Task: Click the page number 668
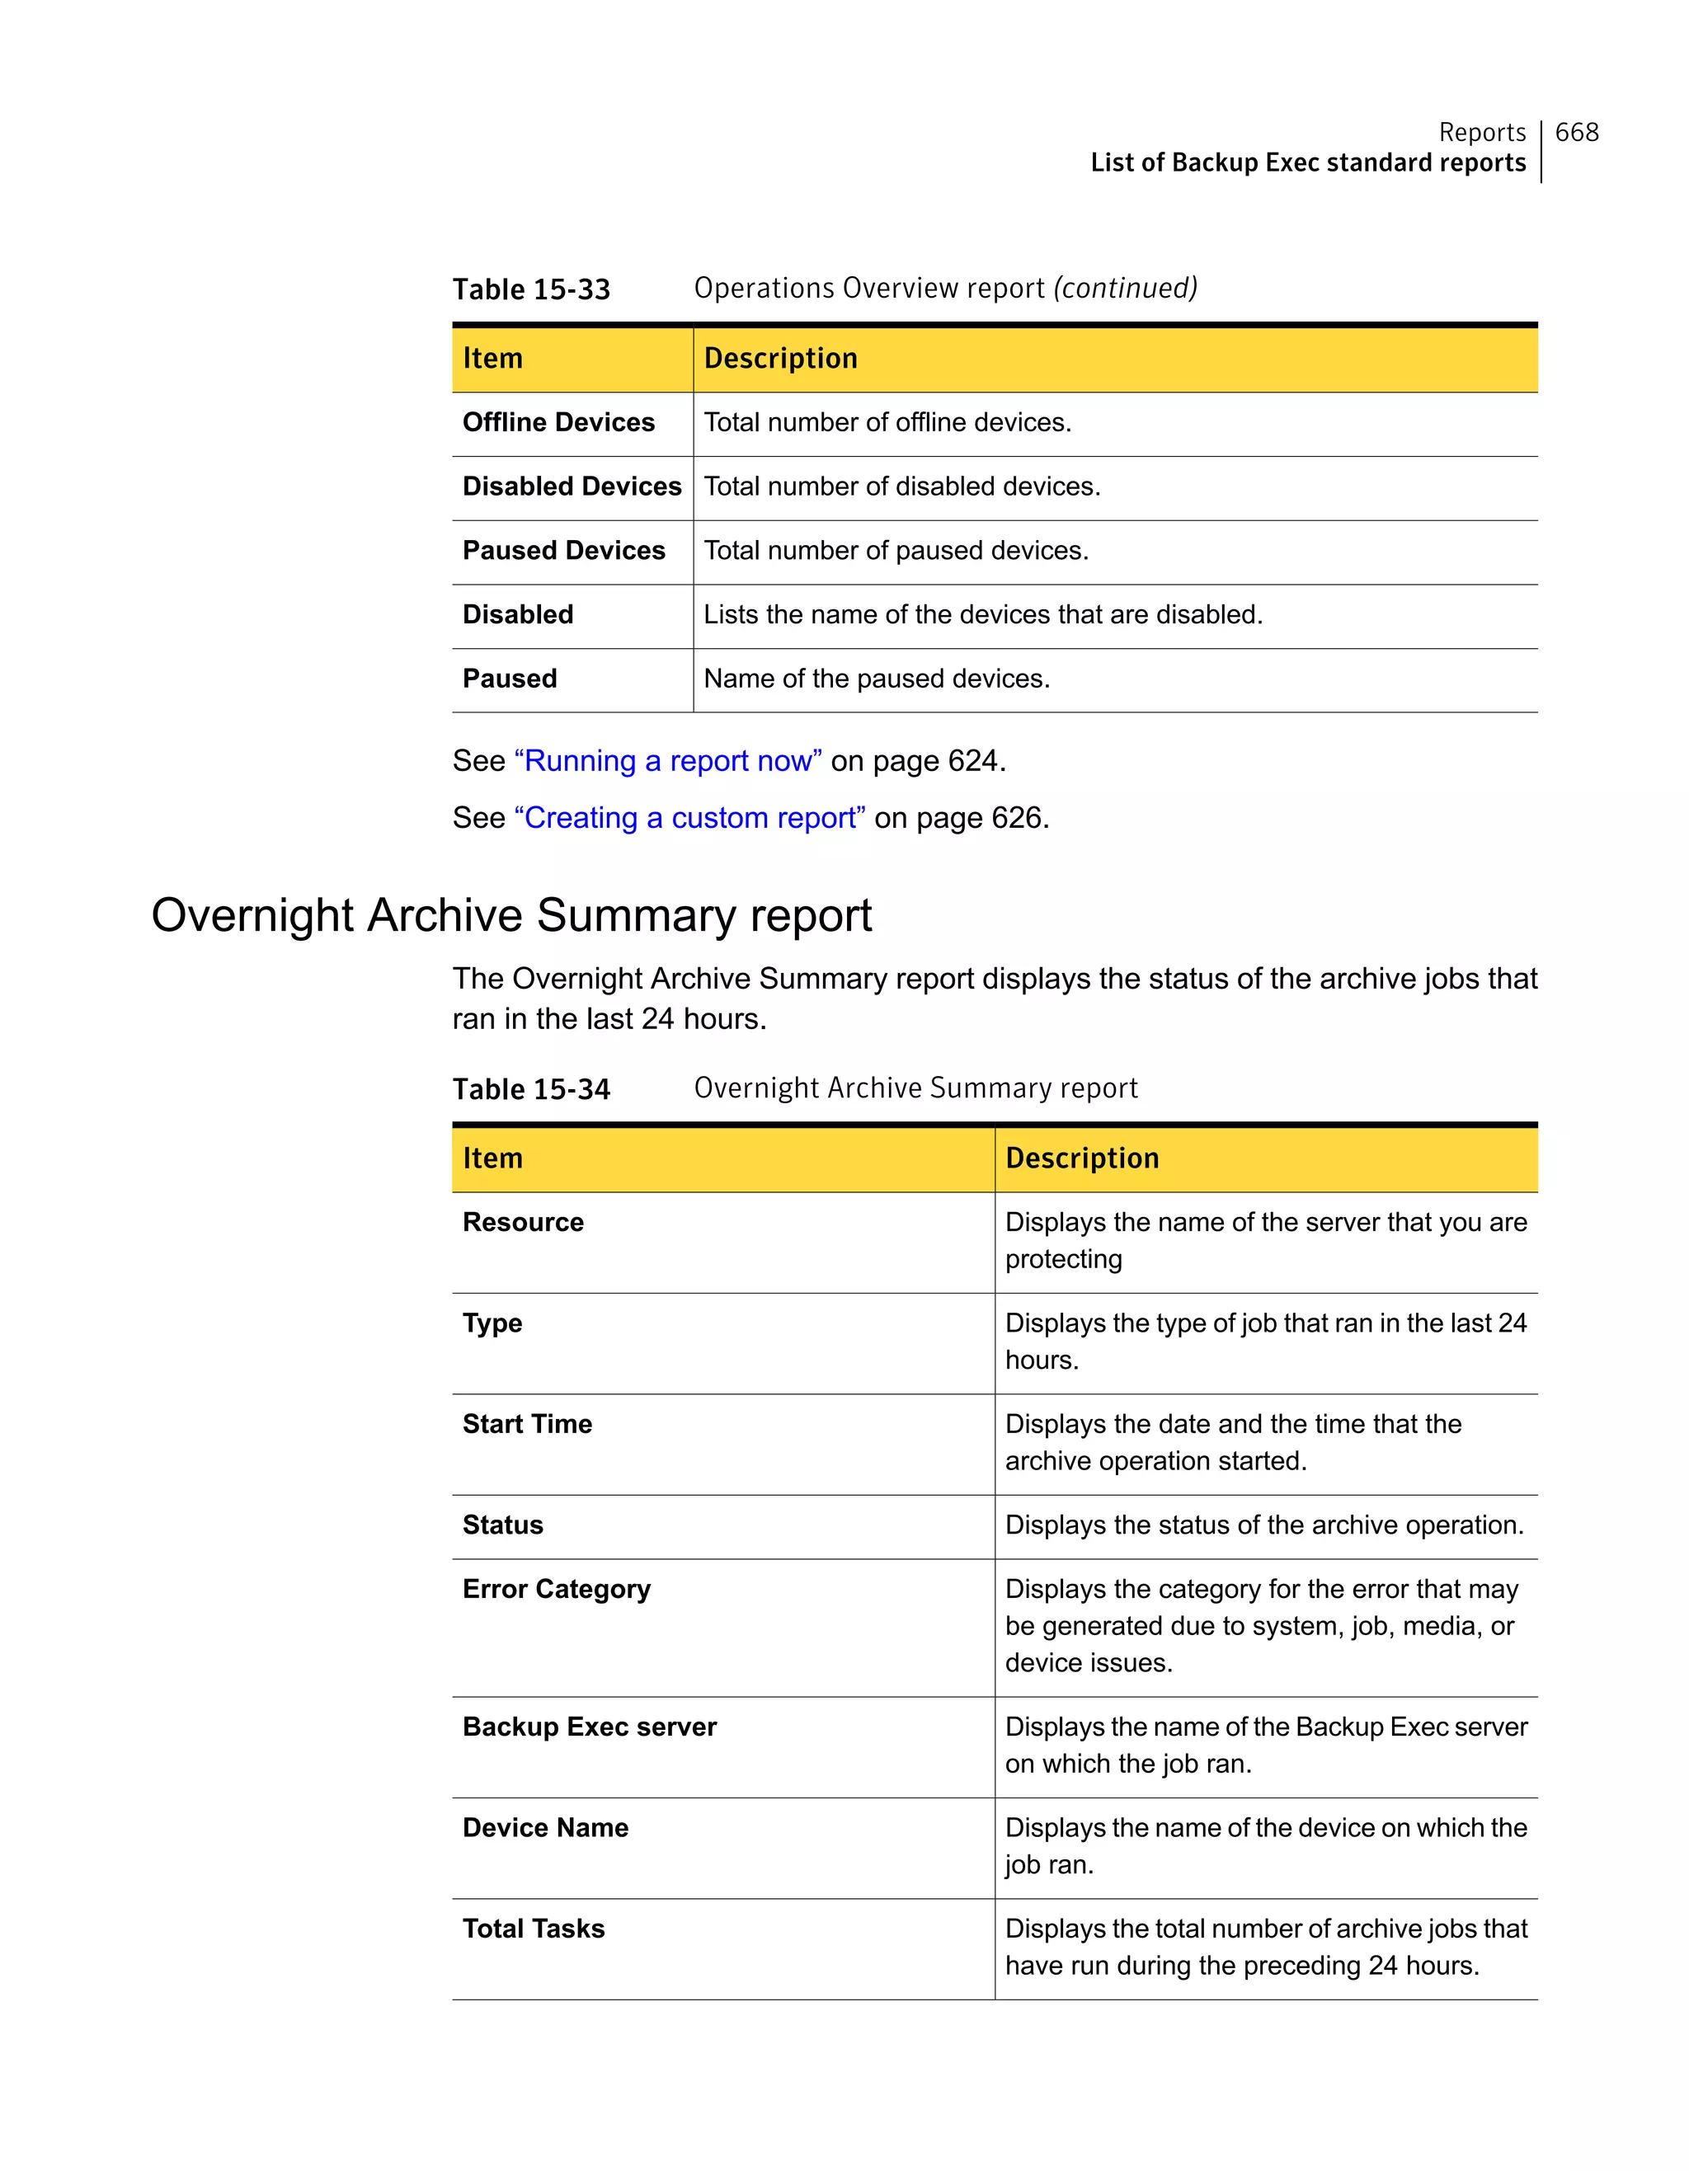point(1576,132)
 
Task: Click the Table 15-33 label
point(531,289)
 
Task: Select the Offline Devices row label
point(558,422)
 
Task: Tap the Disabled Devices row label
point(572,486)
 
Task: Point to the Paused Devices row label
point(563,551)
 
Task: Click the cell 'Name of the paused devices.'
point(876,679)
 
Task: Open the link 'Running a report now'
point(667,761)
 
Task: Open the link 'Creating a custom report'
point(689,818)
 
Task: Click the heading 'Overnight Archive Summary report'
point(511,915)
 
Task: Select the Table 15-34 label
point(531,1089)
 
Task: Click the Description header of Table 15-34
point(1081,1158)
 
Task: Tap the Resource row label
point(523,1223)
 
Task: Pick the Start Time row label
point(527,1425)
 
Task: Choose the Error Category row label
point(556,1590)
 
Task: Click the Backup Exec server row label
point(589,1727)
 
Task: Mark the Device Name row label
point(545,1828)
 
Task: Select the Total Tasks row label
point(533,1929)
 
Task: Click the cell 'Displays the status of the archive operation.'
point(1263,1526)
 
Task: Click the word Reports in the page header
point(1481,132)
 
